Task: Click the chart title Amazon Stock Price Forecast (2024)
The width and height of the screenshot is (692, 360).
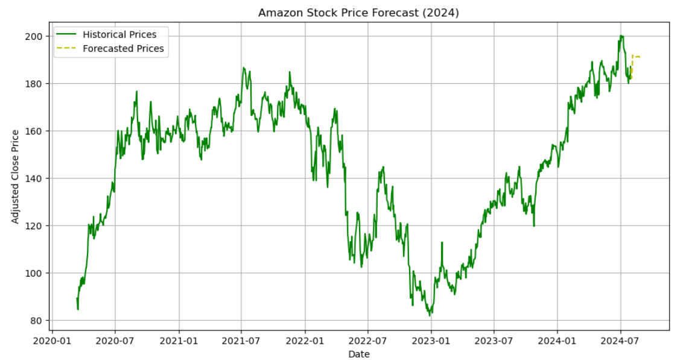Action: pyautogui.click(x=358, y=13)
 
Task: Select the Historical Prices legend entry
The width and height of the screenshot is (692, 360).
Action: pyautogui.click(x=119, y=34)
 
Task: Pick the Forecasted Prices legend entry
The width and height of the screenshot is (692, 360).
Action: pyautogui.click(x=123, y=48)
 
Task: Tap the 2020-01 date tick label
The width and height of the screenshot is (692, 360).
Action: pyautogui.click(x=52, y=341)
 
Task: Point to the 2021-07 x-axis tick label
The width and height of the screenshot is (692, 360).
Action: pyautogui.click(x=241, y=341)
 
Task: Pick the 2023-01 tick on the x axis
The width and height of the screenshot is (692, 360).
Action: pyautogui.click(x=431, y=341)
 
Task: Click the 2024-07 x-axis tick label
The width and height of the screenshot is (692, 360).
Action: pyautogui.click(x=620, y=341)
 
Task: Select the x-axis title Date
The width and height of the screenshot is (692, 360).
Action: pyautogui.click(x=358, y=354)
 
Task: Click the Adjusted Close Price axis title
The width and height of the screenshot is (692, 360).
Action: pyautogui.click(x=16, y=176)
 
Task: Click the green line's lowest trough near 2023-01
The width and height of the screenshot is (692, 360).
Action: pyautogui.click(x=430, y=315)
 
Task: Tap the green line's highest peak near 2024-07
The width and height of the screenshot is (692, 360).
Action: pyautogui.click(x=621, y=36)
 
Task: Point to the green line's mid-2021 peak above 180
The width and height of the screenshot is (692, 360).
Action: pyautogui.click(x=244, y=68)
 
